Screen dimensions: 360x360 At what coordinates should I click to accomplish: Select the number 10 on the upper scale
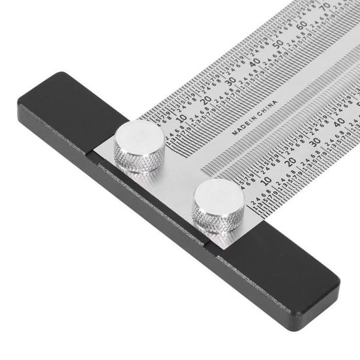(181, 118)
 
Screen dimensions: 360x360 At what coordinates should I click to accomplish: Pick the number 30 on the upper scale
(230, 81)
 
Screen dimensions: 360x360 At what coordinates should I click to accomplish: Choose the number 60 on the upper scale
(301, 27)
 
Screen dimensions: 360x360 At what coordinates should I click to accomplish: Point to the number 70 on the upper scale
(325, 9)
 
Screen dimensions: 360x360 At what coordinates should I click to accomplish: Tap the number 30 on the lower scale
(315, 141)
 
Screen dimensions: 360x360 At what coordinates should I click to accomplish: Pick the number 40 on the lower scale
(339, 122)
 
